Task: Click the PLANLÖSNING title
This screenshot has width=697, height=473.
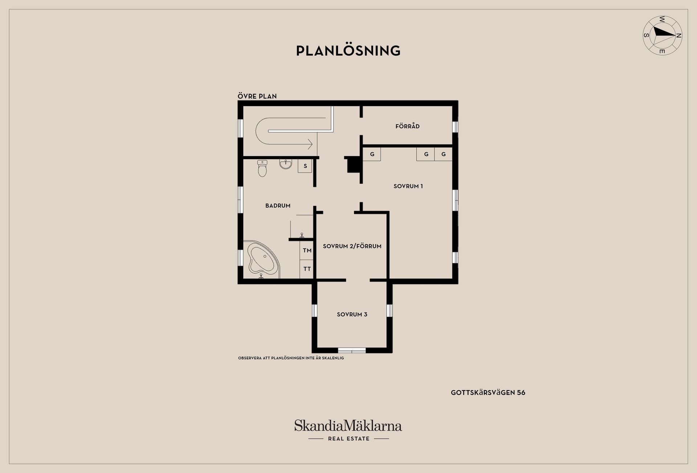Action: coord(348,50)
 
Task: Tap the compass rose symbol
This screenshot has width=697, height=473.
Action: coord(663,36)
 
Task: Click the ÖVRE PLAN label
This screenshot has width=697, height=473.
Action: coord(257,96)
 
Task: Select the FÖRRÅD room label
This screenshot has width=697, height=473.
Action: coord(407,126)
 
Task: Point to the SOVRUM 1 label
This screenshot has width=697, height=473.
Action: coord(408,186)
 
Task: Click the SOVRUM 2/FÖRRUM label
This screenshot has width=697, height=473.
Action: coord(352,246)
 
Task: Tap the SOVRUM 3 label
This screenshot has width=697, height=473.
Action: coord(352,315)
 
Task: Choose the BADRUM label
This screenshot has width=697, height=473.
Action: coord(278,206)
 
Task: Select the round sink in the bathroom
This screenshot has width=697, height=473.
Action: coord(286,164)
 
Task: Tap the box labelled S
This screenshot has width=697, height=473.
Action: coord(305,166)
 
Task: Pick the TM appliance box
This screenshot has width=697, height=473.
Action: coord(307,250)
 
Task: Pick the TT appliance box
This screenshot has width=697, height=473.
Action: coord(307,269)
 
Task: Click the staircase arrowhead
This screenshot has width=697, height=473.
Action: coord(310,144)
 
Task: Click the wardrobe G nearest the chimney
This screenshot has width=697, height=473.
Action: coord(372,154)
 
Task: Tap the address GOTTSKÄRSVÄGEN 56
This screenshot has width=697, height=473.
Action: coord(488,393)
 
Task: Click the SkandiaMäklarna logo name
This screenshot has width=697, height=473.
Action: coord(348,425)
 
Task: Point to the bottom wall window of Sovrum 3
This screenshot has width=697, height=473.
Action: coord(352,350)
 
